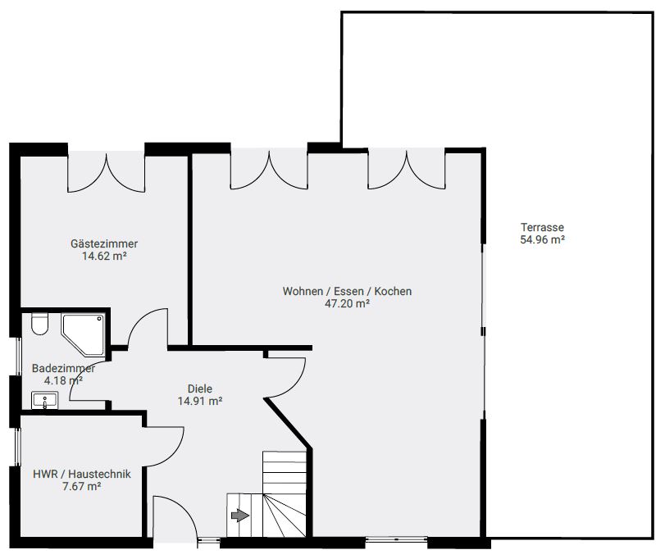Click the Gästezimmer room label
point(104,244)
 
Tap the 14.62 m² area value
point(104,256)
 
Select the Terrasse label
point(543,227)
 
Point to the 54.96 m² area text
point(543,239)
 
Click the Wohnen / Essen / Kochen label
point(347,292)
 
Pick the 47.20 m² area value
point(347,303)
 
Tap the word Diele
point(200,389)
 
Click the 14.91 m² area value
point(200,401)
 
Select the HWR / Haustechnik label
point(82,474)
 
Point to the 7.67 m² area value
point(81,486)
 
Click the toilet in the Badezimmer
point(39,325)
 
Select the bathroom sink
point(44,400)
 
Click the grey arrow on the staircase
point(240,516)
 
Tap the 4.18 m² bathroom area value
point(63,380)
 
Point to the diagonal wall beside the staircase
point(289,423)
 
